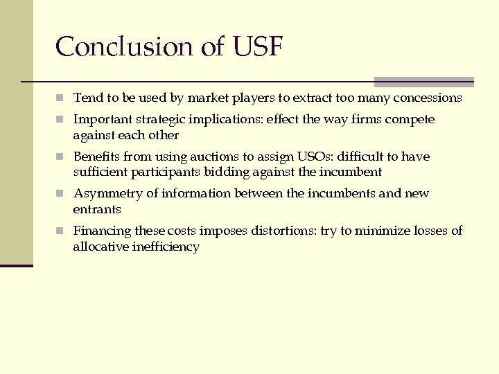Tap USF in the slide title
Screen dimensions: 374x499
tap(258, 47)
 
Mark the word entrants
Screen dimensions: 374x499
tap(97, 209)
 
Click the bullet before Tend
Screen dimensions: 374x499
tap(61, 98)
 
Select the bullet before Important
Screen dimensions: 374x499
tap(61, 120)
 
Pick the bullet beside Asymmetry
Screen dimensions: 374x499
tap(61, 194)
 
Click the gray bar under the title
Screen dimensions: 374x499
tap(423, 81)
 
